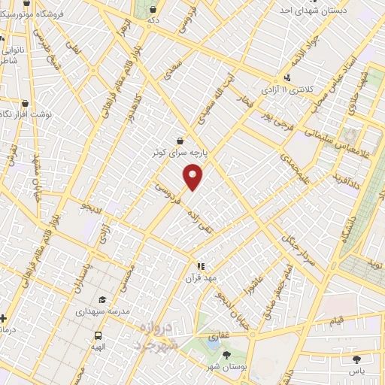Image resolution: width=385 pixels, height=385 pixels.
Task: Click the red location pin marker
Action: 193,177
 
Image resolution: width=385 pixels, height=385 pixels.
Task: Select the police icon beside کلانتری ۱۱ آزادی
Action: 286,77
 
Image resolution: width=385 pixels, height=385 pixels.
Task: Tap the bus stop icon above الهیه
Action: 98,335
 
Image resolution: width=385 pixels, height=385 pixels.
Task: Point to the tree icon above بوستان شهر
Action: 227,353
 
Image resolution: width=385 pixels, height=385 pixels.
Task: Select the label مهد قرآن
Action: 201,278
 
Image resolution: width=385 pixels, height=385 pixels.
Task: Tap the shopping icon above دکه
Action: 153,10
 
